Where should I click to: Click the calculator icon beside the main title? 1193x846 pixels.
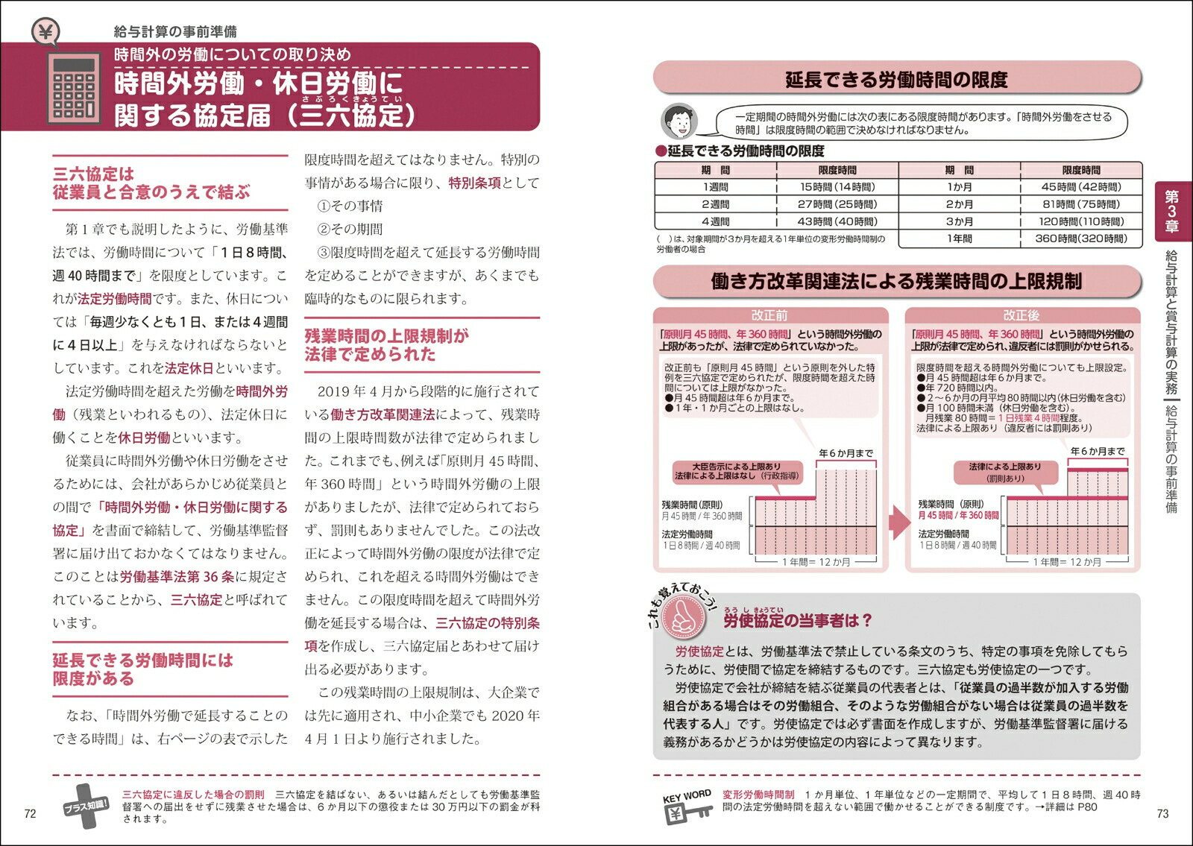[x=74, y=87]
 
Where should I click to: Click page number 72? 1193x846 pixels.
[x=30, y=813]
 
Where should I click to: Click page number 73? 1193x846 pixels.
[x=1162, y=813]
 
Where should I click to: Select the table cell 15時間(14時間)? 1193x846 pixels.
[x=837, y=187]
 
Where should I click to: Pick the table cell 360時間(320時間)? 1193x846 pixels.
[x=1081, y=239]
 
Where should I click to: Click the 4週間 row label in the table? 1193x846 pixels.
[x=715, y=221]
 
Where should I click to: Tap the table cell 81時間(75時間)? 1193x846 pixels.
[x=1081, y=204]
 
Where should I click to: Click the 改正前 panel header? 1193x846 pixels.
[x=769, y=315]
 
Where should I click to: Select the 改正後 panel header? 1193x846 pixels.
[x=1022, y=315]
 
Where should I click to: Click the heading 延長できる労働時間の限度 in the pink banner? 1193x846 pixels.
[x=896, y=80]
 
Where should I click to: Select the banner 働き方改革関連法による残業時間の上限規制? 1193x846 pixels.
[x=896, y=281]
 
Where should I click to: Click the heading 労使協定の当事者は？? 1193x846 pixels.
[x=797, y=620]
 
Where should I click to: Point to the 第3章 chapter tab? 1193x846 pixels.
[x=1171, y=211]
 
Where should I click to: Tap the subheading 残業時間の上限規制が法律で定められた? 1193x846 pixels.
[x=386, y=345]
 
